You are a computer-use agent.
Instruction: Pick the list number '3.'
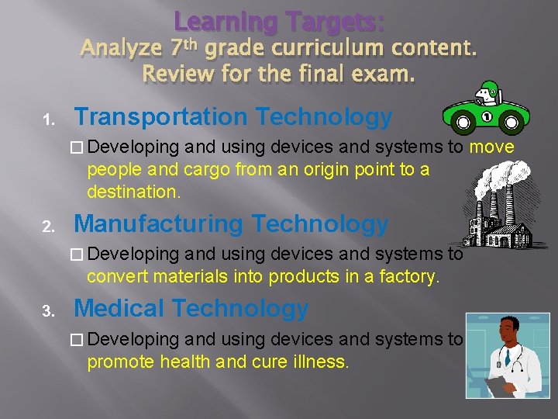click(47, 312)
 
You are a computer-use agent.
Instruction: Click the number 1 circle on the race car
click(487, 116)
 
